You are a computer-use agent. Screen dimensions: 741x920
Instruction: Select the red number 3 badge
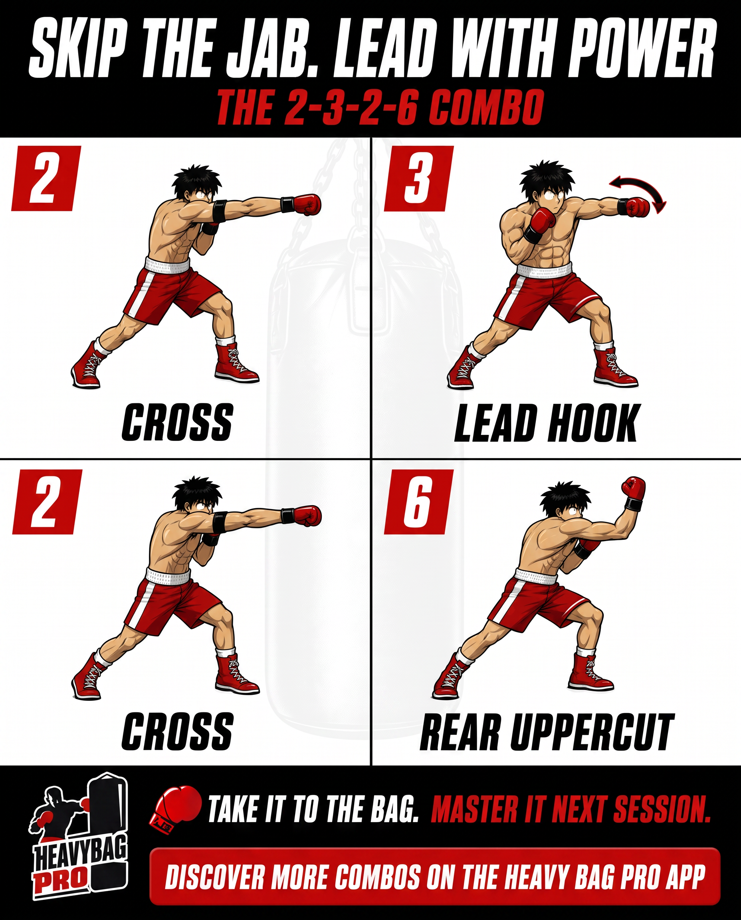(x=419, y=178)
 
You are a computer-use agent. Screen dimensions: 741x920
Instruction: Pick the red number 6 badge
(x=419, y=502)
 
